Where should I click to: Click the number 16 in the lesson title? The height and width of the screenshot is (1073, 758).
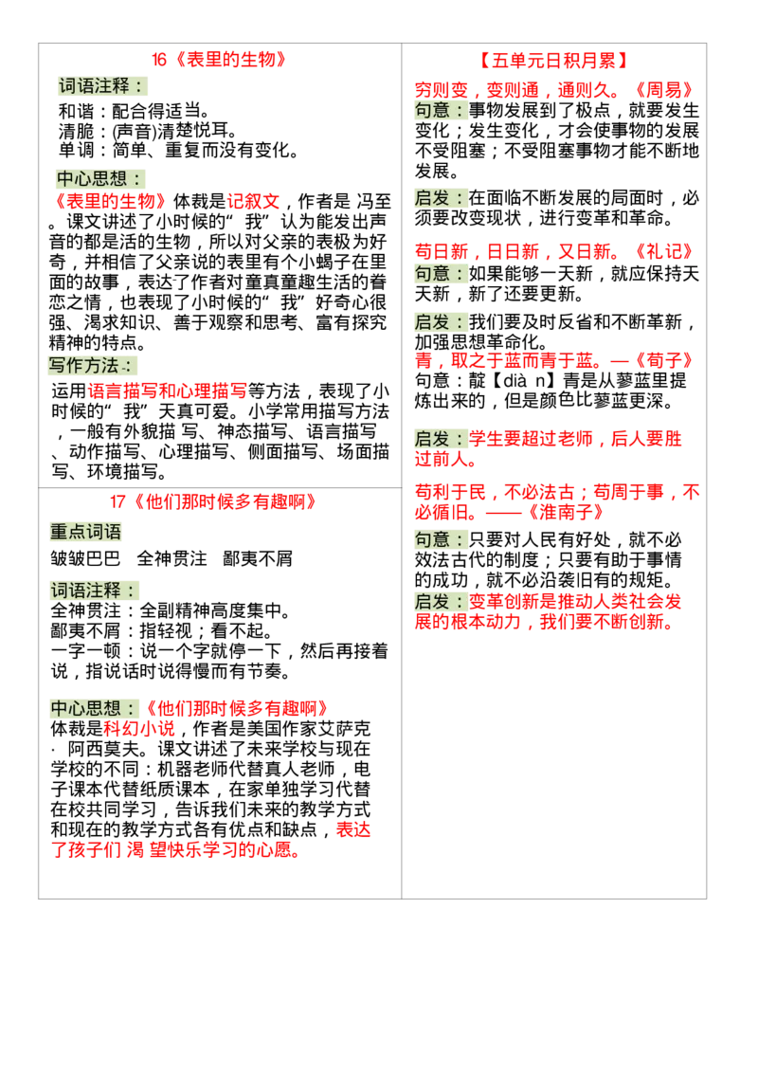pos(159,61)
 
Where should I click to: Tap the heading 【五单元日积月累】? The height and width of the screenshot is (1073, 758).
pos(553,61)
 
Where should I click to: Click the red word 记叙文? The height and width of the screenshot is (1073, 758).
pos(253,201)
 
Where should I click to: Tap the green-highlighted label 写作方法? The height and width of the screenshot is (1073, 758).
pos(83,366)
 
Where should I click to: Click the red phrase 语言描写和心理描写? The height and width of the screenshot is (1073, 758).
pos(167,391)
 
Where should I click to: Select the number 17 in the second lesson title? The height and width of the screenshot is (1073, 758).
pos(117,502)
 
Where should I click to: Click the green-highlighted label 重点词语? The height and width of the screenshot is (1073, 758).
pos(85,532)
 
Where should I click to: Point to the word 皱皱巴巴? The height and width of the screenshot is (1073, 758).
pos(85,559)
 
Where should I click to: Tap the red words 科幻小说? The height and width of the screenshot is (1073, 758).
pos(139,729)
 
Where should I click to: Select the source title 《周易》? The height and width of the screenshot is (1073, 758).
pos(663,90)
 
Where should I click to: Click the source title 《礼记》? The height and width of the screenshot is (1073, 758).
pos(663,252)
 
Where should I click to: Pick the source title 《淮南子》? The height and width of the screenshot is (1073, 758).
pos(565,513)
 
